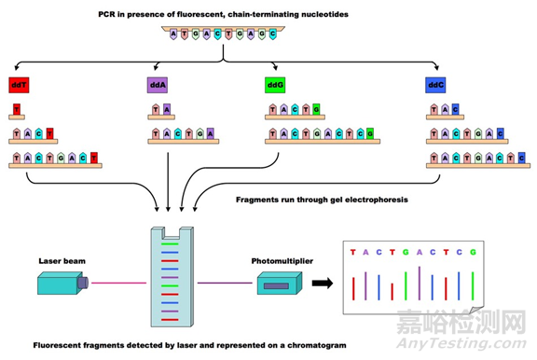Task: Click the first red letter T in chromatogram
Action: [352, 252]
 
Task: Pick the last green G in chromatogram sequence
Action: [472, 252]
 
